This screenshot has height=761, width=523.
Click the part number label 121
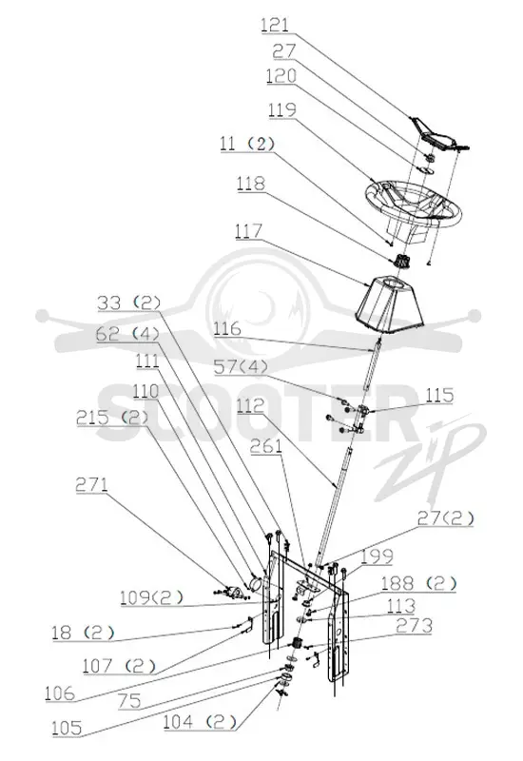(x=275, y=25)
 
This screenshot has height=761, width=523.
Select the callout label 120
(x=281, y=76)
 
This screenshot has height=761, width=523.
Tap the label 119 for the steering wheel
(x=281, y=109)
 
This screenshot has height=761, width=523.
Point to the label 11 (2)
(x=247, y=144)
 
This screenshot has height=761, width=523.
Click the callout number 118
(x=251, y=184)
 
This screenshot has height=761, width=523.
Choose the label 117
(x=248, y=231)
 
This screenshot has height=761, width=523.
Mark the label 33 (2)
(x=128, y=303)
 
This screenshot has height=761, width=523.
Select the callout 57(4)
(x=241, y=366)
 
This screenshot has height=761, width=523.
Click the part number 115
(x=439, y=395)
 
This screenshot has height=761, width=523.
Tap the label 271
(x=91, y=485)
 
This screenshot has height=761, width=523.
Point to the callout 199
(x=377, y=556)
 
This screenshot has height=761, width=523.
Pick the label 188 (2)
(x=418, y=583)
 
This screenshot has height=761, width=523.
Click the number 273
(x=414, y=626)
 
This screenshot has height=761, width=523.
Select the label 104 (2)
(x=199, y=722)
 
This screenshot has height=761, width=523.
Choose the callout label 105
(x=67, y=728)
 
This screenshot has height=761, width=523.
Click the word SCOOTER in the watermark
(x=252, y=412)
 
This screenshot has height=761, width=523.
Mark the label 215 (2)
(x=112, y=418)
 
